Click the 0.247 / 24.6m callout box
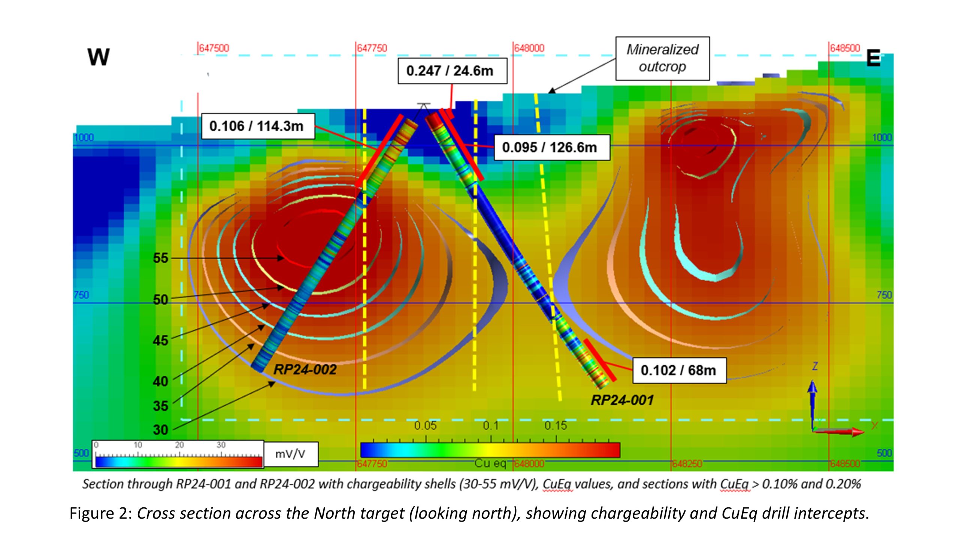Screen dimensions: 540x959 (452, 71)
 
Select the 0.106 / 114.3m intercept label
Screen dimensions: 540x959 (258, 126)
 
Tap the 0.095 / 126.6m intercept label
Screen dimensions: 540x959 (551, 147)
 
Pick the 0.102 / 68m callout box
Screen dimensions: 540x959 (679, 370)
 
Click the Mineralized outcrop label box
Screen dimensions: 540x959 (662, 58)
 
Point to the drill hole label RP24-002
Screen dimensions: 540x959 (305, 370)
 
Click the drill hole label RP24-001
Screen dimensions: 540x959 (622, 400)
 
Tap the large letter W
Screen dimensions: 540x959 (99, 57)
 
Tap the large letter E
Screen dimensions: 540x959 (873, 59)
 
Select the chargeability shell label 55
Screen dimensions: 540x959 (161, 258)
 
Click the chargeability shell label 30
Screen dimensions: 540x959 (161, 430)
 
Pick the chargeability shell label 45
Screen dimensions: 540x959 (161, 340)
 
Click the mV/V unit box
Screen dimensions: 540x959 (290, 454)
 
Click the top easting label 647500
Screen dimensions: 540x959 (214, 48)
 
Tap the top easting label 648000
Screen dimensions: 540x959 (529, 48)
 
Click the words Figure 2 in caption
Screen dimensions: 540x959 (100, 513)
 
